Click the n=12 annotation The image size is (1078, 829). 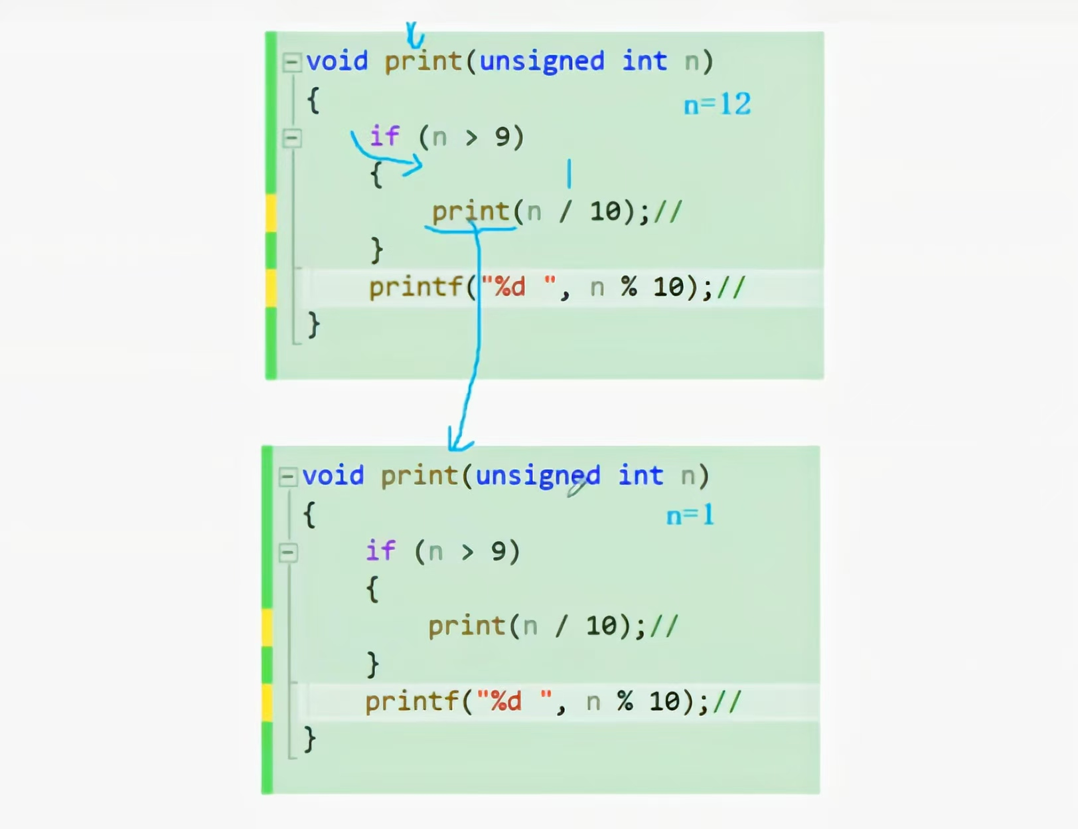[x=717, y=104]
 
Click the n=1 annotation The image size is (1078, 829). [x=690, y=515]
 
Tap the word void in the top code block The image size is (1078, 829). [x=337, y=61]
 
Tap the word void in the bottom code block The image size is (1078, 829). [x=333, y=476]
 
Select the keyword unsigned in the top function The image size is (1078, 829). [x=542, y=61]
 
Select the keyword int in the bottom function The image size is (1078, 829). [x=641, y=476]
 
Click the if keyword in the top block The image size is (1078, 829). [x=384, y=136]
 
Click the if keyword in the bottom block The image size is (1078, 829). [x=380, y=551]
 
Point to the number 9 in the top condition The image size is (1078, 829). [x=502, y=137]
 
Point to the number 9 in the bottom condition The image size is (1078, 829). [x=498, y=551]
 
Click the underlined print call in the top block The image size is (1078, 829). [x=470, y=212]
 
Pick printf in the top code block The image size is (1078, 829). [x=416, y=287]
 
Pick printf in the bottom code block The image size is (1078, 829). [x=412, y=701]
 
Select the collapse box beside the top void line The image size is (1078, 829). [x=291, y=62]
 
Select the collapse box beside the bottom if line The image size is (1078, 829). [x=288, y=553]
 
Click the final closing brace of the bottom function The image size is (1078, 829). [x=309, y=739]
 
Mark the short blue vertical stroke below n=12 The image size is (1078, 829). [x=569, y=173]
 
